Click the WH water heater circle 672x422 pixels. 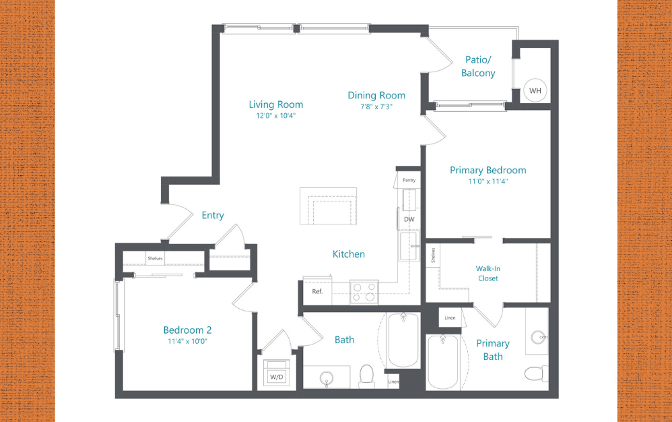point(535,90)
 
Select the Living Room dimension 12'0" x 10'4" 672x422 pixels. point(276,116)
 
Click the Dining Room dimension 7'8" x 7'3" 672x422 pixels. point(376,107)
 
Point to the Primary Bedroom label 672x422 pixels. point(488,170)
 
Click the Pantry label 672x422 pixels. point(409,181)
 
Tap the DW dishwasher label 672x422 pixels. point(409,219)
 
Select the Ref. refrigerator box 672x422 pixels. point(317,292)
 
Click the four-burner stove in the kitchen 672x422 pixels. point(364,291)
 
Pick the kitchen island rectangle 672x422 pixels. point(329,206)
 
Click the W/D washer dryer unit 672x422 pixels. point(276,375)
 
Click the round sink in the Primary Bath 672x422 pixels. point(537,337)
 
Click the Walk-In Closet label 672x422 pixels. point(488,273)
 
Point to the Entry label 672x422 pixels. point(213,215)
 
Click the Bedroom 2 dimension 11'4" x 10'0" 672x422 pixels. point(187,341)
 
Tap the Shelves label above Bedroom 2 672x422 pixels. point(155,259)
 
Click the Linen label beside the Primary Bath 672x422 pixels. point(450,318)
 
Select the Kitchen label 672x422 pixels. point(349,254)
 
